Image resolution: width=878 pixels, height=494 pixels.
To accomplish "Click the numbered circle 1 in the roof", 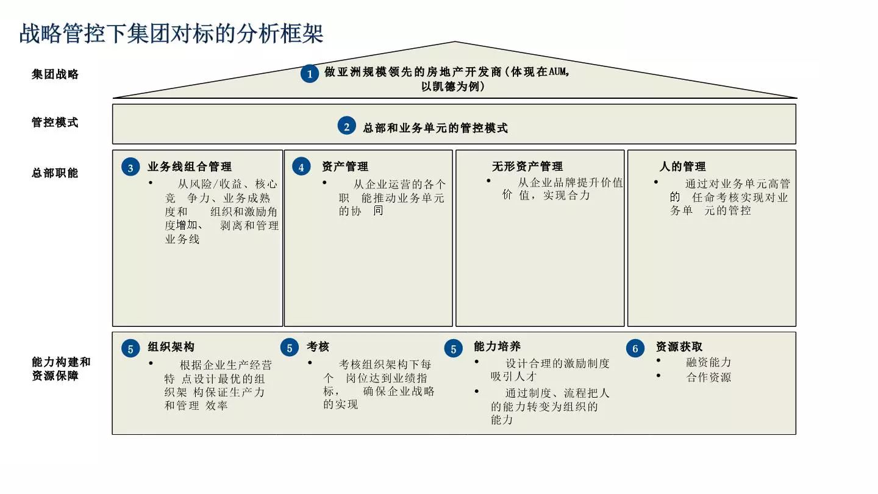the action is pyautogui.click(x=310, y=74).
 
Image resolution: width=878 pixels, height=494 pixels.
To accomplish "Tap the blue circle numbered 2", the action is pyautogui.click(x=346, y=127).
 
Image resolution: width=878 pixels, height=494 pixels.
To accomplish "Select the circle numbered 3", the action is pyautogui.click(x=130, y=167).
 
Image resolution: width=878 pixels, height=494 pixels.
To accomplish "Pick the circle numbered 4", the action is pyautogui.click(x=301, y=167).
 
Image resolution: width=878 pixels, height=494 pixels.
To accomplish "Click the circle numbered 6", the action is pyautogui.click(x=635, y=348).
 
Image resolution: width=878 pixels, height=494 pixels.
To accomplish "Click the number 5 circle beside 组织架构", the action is pyautogui.click(x=130, y=348).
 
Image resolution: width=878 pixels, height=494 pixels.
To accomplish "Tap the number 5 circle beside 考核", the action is pyautogui.click(x=290, y=348).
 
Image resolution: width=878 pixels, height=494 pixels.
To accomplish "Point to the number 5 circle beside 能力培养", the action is pyautogui.click(x=454, y=348).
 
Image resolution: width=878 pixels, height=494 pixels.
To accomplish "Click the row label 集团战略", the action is pyautogui.click(x=55, y=74).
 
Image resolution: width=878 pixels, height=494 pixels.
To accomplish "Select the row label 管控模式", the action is pyautogui.click(x=55, y=122).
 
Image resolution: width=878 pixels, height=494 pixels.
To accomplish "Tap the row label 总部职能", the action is pyautogui.click(x=55, y=173).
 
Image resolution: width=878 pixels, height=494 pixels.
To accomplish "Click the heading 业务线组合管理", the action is pyautogui.click(x=190, y=166).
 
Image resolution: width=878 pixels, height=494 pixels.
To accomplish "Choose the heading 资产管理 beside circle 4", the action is pyautogui.click(x=345, y=166).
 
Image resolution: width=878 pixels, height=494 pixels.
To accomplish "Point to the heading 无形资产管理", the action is pyautogui.click(x=527, y=166).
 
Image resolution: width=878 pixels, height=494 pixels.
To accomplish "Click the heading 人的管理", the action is pyautogui.click(x=682, y=166).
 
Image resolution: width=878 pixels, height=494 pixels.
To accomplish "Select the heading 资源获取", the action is pyautogui.click(x=679, y=347).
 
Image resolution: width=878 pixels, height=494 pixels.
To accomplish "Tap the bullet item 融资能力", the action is pyautogui.click(x=708, y=362).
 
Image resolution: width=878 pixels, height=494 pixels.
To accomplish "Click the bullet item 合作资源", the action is pyautogui.click(x=708, y=378).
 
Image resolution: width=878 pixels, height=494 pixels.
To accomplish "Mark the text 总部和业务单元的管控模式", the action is pyautogui.click(x=435, y=128).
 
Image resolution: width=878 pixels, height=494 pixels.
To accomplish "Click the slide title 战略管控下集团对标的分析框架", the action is pyautogui.click(x=171, y=33).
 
